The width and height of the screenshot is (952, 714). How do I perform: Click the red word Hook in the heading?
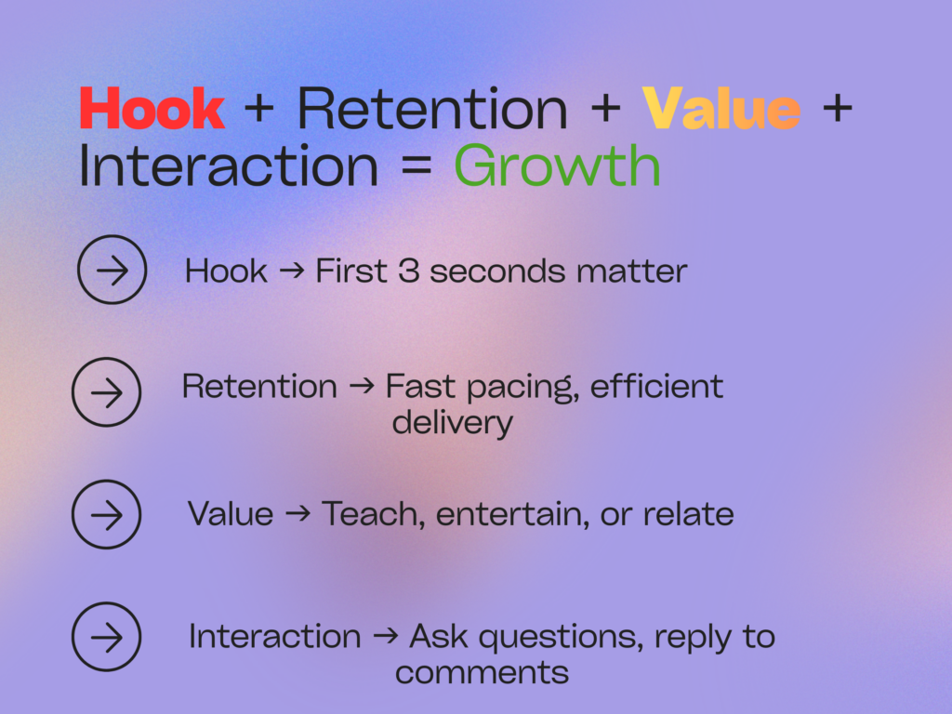[152, 110]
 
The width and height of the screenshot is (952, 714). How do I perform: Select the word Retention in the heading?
[432, 110]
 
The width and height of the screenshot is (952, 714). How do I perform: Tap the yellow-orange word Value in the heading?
[721, 110]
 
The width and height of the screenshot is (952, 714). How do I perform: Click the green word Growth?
[557, 166]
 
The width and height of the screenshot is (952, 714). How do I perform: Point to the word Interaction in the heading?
[229, 166]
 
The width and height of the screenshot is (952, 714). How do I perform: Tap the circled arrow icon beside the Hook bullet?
[112, 270]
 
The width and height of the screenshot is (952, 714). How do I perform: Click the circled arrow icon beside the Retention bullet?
[106, 392]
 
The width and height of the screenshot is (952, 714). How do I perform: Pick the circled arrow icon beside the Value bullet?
[106, 514]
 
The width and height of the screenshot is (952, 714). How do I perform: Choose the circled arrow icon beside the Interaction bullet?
[106, 637]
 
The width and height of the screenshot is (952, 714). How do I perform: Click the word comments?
[482, 672]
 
